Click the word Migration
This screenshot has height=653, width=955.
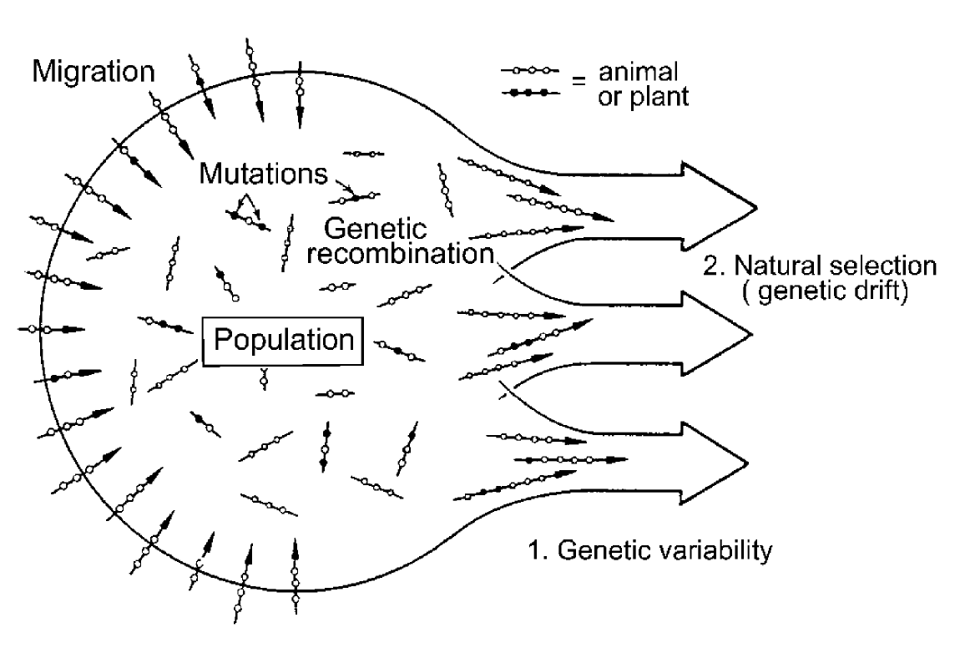tap(93, 72)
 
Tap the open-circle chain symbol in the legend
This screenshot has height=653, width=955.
tap(526, 73)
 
